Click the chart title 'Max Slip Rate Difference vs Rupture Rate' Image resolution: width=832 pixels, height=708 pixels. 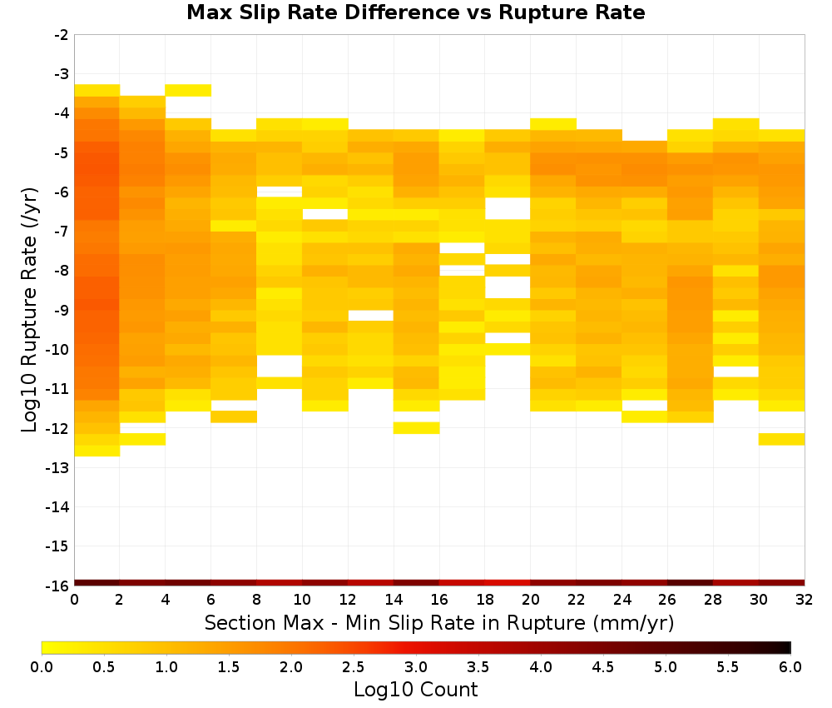point(415,12)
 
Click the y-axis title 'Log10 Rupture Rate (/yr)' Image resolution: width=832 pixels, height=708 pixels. point(30,310)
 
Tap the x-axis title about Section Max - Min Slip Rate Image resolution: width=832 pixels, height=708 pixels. point(438,623)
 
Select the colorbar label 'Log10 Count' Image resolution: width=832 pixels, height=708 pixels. point(415,690)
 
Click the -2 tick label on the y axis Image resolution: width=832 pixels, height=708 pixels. point(61,35)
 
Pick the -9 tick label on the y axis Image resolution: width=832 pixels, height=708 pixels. point(61,310)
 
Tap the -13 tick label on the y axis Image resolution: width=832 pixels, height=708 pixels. point(57,467)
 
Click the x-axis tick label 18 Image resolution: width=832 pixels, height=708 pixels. point(485,600)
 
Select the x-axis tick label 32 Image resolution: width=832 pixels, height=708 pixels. point(805,600)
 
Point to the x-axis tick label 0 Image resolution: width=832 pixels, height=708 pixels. point(74,600)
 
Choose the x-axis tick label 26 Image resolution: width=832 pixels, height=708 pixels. point(667,600)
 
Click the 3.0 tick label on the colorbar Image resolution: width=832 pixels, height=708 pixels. point(415,667)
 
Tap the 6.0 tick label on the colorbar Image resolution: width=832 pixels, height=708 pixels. point(790,667)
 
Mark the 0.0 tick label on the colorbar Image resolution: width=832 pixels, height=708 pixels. point(42,667)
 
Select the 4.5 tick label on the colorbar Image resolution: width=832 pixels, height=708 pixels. point(602,667)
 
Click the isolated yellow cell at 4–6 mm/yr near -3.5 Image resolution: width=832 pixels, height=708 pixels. point(188,90)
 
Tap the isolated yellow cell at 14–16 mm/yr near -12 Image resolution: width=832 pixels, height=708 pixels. point(417,428)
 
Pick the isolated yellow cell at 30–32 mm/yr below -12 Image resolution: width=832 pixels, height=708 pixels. point(781,439)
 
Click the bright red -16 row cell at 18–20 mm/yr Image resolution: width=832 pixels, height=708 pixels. point(508,583)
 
